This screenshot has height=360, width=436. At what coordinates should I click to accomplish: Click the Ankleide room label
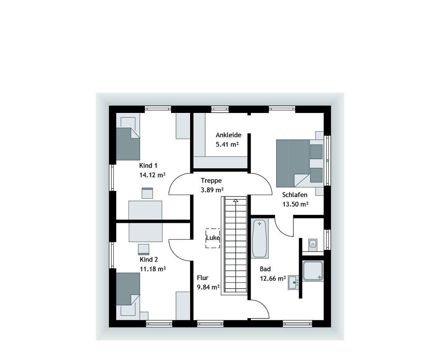[x=228, y=135]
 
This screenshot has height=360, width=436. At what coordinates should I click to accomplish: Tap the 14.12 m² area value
[x=152, y=175]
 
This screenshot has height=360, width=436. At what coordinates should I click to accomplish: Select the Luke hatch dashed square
[x=213, y=238]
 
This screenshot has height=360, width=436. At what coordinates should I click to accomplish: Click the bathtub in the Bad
[x=260, y=238]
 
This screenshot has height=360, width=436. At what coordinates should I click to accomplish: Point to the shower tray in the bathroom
[x=312, y=271]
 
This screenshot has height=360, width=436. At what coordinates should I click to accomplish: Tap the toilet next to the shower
[x=313, y=244]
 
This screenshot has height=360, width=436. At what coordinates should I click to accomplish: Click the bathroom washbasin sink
[x=293, y=282]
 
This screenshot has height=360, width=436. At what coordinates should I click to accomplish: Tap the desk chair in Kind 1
[x=147, y=193]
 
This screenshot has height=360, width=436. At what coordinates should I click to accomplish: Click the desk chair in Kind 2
[x=143, y=249]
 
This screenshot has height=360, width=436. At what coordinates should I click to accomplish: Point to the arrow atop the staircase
[x=235, y=201]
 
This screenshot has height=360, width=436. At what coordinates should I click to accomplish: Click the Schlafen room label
[x=295, y=195]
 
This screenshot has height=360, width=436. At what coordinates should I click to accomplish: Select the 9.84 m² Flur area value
[x=208, y=287]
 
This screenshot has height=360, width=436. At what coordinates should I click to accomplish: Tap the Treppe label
[x=211, y=181]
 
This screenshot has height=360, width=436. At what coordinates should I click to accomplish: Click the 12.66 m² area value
[x=272, y=278]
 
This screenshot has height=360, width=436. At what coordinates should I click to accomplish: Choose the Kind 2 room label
[x=149, y=260]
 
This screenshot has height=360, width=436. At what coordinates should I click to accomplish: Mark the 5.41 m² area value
[x=227, y=144]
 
